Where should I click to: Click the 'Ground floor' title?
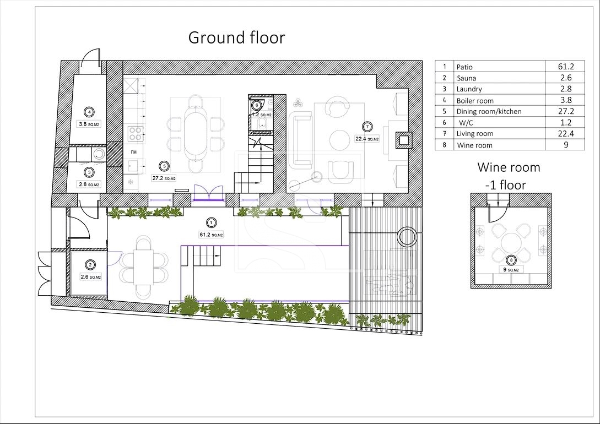[236, 37]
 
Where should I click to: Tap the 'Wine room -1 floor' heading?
[508, 176]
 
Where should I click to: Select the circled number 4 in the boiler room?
[90, 112]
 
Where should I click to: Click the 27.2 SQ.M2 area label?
[164, 178]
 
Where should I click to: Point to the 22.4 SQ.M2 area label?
[367, 139]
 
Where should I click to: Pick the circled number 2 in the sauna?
[90, 264]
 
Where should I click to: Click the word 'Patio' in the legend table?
[464, 67]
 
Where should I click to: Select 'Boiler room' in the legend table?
[475, 101]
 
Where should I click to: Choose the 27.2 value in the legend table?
[565, 111]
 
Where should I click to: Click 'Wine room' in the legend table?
[474, 145]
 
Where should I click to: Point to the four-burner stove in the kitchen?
[135, 134]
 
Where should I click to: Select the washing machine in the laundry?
[99, 154]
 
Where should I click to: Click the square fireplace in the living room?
[404, 140]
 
